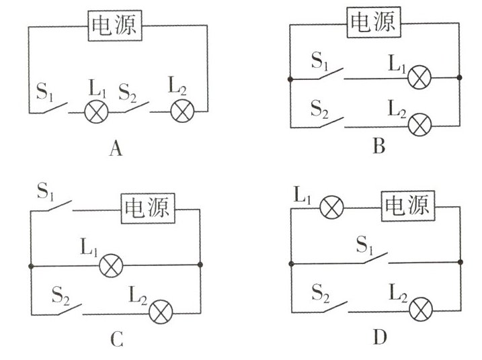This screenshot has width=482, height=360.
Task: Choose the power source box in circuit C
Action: pos(147,209)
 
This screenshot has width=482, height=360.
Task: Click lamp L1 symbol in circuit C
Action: pos(110,266)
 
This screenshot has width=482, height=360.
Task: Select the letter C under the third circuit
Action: pos(116,341)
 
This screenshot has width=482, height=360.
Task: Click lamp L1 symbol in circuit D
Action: pos(331,208)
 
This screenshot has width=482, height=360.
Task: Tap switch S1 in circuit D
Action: pos(372,257)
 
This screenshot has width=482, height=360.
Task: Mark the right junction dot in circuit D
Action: pos(459,262)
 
